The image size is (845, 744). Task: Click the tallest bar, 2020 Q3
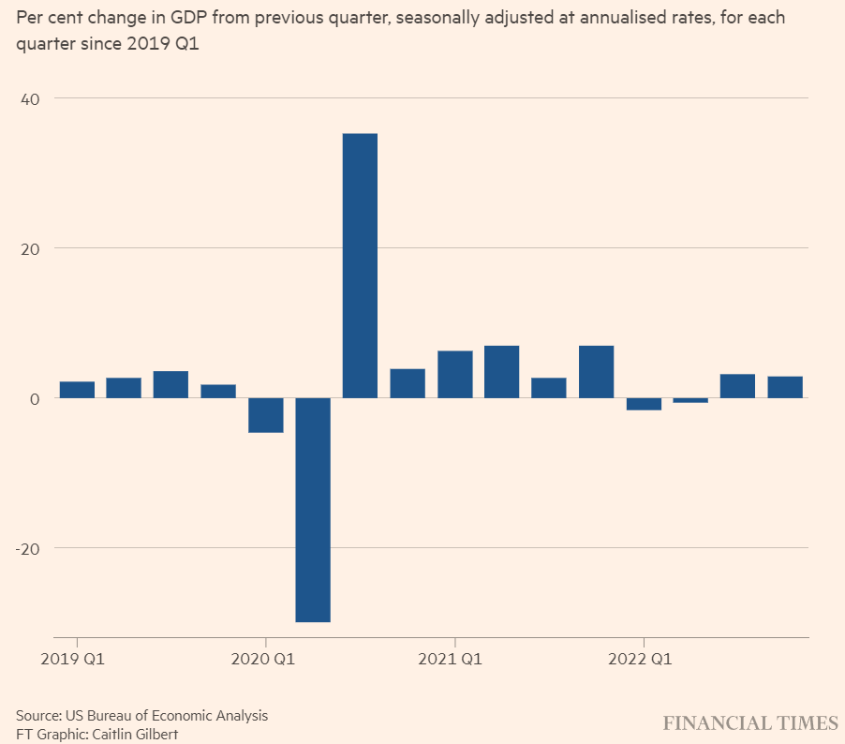coord(360,265)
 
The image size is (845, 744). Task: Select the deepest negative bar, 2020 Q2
coord(313,510)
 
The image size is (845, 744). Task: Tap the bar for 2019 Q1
coord(77,390)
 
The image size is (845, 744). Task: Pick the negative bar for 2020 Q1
coord(266,415)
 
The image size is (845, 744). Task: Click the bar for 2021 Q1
coord(454,374)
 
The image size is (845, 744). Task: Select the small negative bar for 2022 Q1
coord(644,404)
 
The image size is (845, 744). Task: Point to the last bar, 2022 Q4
coord(785,387)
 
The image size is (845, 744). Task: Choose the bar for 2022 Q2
coord(690,400)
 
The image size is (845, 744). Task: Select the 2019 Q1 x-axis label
coord(72,660)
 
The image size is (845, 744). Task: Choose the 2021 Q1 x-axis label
coord(451,660)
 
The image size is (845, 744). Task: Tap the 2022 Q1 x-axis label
coord(640,660)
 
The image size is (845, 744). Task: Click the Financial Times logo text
coord(750,722)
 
